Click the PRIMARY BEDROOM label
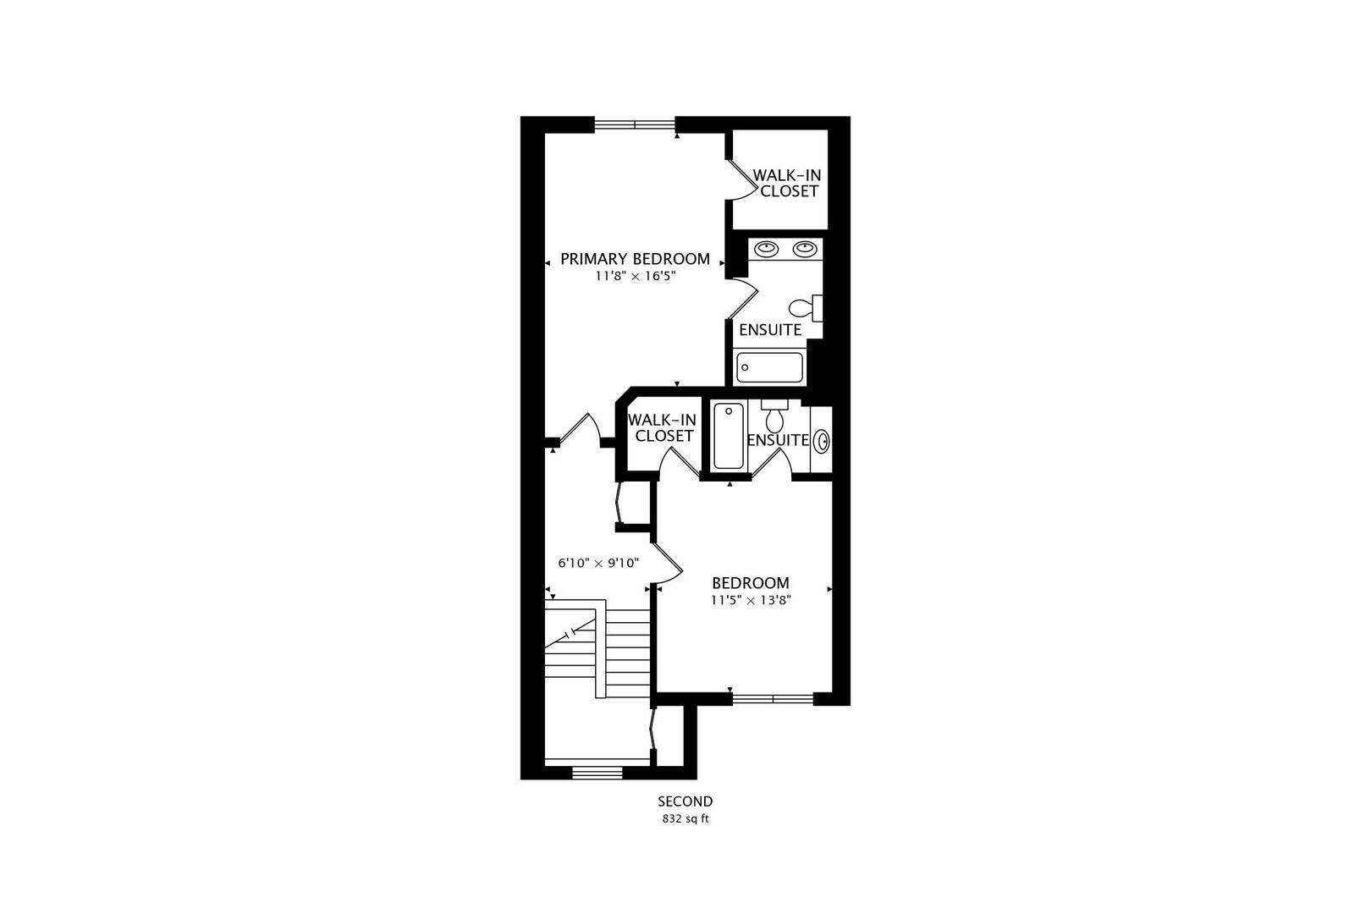635,259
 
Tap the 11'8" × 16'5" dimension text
635,277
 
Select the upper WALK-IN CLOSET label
788,183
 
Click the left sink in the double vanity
767,249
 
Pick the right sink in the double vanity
805,249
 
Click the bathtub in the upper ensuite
769,367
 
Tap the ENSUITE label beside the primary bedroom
769,330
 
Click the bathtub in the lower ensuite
728,436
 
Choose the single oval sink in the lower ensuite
822,441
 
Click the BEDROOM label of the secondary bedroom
750,583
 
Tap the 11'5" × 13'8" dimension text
750,601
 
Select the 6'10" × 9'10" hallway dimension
597,563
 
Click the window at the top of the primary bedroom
635,124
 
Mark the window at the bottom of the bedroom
772,699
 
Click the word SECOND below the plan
685,801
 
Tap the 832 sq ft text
685,819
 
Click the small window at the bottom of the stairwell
597,772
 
